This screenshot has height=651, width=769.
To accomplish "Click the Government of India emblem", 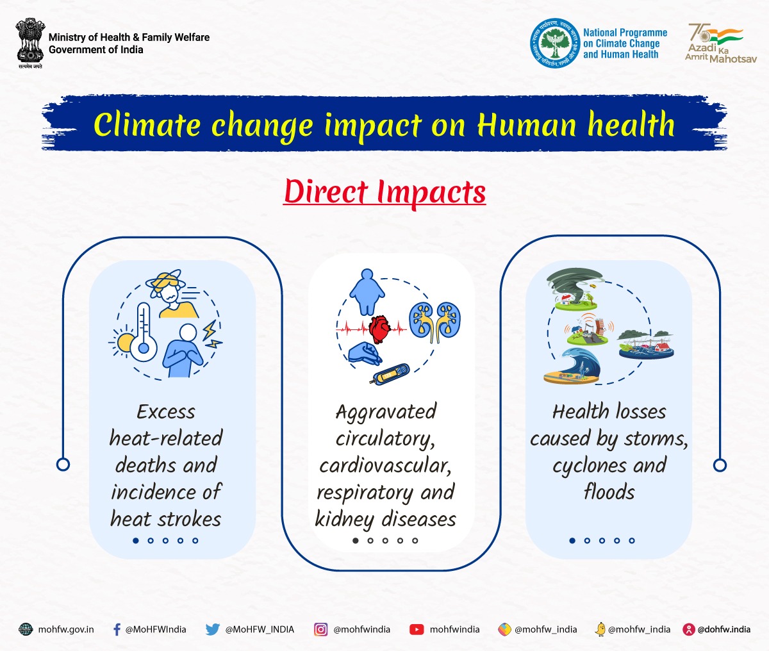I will tap(30, 42).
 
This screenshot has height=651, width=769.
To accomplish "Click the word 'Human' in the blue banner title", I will tap(527, 125).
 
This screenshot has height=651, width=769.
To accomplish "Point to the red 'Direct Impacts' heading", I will tap(384, 192).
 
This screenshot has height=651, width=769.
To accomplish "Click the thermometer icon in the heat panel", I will tap(143, 331).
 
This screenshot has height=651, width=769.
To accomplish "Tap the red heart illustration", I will tap(379, 329).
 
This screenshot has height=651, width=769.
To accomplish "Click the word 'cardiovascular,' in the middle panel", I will tap(385, 465).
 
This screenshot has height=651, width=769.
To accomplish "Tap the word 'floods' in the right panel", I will tap(609, 492).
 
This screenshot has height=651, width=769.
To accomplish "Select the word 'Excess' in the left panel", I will tap(166, 411).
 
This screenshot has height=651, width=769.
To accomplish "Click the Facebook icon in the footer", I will tap(117, 629).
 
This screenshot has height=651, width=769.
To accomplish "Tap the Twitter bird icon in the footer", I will tap(212, 629).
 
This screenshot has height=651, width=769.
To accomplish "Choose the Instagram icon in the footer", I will tap(320, 629).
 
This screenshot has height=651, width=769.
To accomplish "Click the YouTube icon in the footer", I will tap(417, 629).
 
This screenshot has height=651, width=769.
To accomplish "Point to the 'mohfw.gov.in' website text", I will tap(66, 629).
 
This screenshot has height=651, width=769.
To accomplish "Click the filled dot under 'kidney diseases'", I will tap(356, 540).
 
